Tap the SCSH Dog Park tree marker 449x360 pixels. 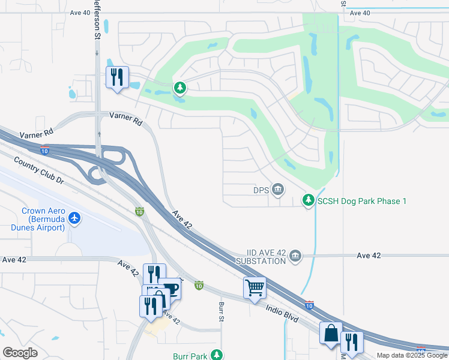309,200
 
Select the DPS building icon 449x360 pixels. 278,190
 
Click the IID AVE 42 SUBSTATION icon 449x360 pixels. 295,256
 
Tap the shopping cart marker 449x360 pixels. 255,288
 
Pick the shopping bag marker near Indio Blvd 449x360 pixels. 331,333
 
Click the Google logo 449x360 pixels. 20,353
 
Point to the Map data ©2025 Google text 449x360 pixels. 412,355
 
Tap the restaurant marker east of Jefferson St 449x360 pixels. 117,77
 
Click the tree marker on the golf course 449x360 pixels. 179,88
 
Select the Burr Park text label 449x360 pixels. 190,356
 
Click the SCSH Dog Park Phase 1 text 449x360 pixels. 362,201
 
